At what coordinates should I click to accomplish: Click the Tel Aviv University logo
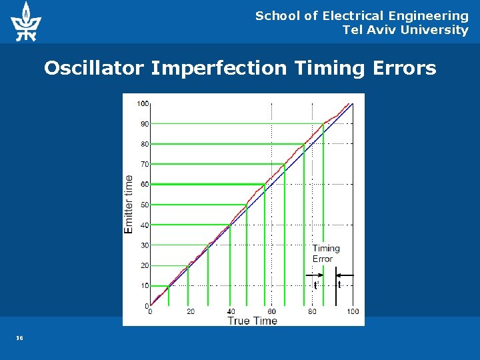point(26,21)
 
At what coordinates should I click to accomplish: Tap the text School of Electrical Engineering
point(362,15)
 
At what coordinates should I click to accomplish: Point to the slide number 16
point(20,339)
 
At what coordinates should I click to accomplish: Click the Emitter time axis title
point(129,204)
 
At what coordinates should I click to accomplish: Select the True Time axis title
point(252,321)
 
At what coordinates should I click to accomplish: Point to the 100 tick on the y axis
point(143,103)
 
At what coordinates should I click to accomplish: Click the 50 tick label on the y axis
point(145,205)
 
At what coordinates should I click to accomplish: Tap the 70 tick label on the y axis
point(145,164)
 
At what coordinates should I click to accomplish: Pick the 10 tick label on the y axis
point(145,285)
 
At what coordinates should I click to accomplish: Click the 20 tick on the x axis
point(191,311)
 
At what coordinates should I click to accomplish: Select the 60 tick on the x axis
point(272,311)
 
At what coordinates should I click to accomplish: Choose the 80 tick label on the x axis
point(312,311)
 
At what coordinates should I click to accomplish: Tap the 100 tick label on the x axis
point(353,311)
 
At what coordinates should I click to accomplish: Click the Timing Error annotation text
point(326,253)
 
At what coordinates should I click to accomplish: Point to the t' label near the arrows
point(315,285)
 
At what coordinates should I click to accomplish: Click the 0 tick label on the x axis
point(150,311)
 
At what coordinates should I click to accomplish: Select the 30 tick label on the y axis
point(145,245)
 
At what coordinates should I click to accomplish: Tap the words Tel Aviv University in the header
point(405,30)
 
